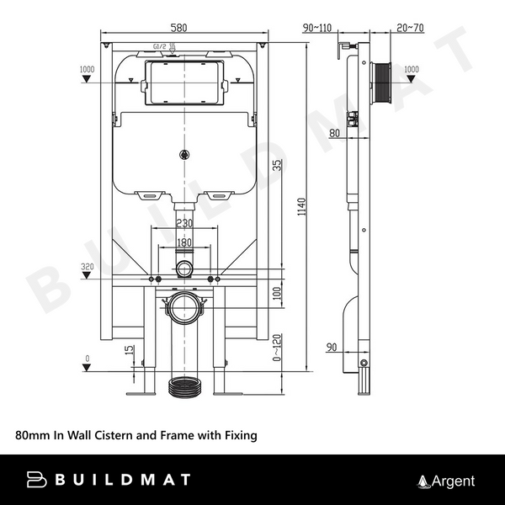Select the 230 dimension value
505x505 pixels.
[x=184, y=224]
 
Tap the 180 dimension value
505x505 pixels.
[x=184, y=243]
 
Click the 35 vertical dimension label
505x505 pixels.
[x=277, y=166]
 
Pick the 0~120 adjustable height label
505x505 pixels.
[x=277, y=348]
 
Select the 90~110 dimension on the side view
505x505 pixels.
[x=317, y=29]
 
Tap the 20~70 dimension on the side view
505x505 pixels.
[x=409, y=29]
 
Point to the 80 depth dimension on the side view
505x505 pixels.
[x=335, y=133]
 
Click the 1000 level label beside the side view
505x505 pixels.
[x=411, y=69]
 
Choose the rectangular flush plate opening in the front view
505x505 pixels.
[x=184, y=81]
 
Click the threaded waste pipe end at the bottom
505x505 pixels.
[x=184, y=390]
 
